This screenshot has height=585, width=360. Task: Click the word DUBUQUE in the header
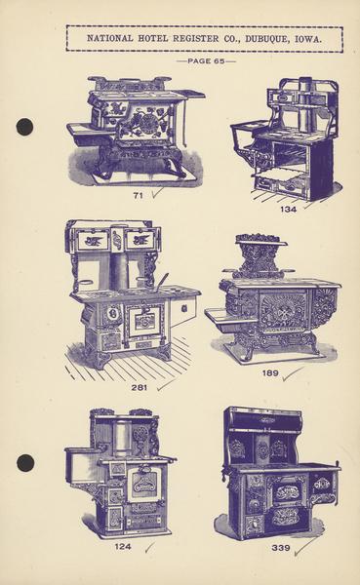pos(266,38)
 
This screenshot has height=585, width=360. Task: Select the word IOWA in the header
pos(307,39)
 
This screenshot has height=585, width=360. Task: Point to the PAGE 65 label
pos(206,60)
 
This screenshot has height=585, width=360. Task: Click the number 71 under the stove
pos(139,196)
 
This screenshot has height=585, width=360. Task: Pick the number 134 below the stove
pos(289,210)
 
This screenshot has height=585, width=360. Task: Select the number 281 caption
pos(139,388)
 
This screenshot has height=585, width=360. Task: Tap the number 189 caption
pos(270,372)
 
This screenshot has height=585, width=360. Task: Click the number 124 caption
pos(123,547)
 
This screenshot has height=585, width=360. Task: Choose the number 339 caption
pos(281,548)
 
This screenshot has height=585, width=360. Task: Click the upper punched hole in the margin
pos(24,127)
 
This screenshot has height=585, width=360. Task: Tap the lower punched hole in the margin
pos(25,462)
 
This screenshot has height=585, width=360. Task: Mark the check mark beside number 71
pos(157,193)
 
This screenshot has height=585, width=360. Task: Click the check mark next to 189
pos(293,373)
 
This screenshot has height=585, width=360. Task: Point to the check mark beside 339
pos(304,547)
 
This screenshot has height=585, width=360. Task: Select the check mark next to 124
pos(149,547)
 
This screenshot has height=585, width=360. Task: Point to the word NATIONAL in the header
pos(110,38)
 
